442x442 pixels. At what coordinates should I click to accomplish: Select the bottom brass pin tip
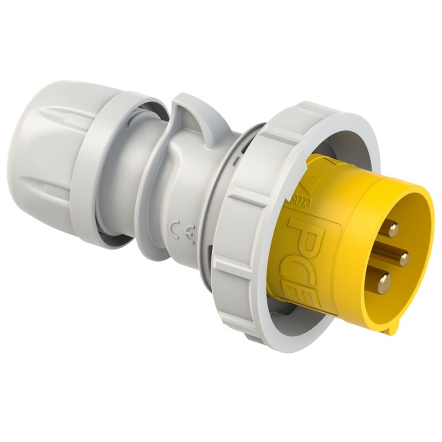click(384, 282)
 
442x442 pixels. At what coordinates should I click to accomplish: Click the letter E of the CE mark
click(189, 237)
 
